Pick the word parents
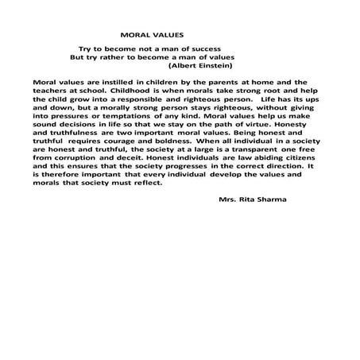coord(228,82)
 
